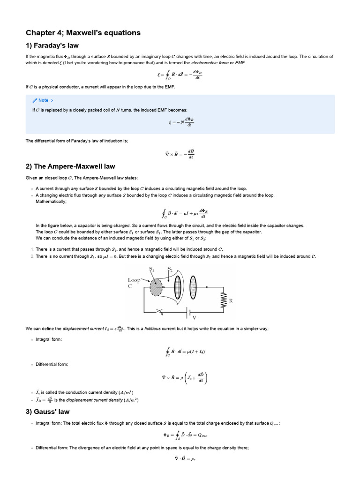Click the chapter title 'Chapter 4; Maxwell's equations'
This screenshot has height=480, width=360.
[x=83, y=33]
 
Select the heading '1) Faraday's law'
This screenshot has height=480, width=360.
[x=52, y=45]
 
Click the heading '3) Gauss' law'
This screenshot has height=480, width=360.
[x=47, y=412]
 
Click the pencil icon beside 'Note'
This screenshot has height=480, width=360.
[x=35, y=100]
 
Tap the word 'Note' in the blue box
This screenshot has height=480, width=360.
[x=43, y=100]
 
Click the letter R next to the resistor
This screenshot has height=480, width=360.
[x=231, y=300]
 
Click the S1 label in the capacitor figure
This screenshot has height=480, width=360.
[x=151, y=269]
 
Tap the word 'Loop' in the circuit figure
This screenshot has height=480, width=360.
[x=134, y=280]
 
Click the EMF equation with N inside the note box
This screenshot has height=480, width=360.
[x=180, y=122]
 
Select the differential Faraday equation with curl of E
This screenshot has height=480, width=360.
[x=180, y=153]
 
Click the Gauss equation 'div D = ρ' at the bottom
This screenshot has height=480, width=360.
[x=180, y=458]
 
